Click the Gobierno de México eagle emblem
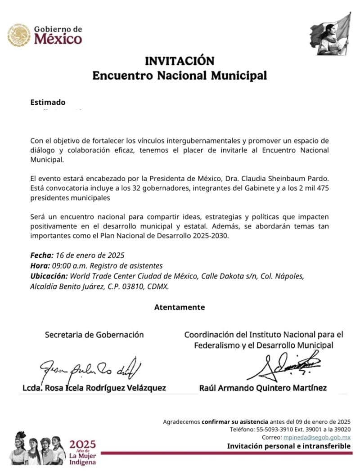coord(19,35)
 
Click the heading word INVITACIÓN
coord(179,60)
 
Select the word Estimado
coord(48,103)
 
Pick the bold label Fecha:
coord(42,255)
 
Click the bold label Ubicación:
coord(49,276)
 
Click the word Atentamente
coord(179,308)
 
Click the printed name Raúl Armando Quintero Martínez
coord(263,388)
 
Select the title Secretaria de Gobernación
coord(94,335)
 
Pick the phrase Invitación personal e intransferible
coord(288,446)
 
